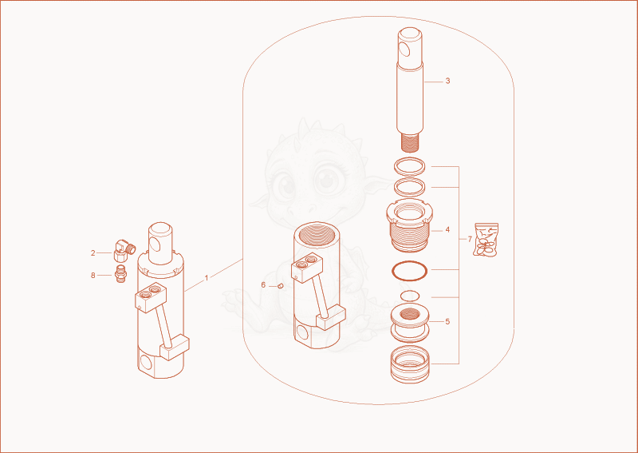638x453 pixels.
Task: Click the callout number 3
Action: click(x=447, y=81)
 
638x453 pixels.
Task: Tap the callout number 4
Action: click(x=447, y=230)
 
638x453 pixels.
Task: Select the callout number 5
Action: click(x=447, y=322)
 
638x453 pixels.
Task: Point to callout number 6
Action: click(x=263, y=285)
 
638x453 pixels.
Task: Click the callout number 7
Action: click(x=470, y=239)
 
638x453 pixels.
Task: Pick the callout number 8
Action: click(x=93, y=276)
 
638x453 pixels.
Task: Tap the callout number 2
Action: click(x=93, y=253)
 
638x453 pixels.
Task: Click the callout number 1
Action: click(x=207, y=278)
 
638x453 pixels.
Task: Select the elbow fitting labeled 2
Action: click(x=124, y=250)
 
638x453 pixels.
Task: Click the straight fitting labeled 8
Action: click(x=121, y=273)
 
